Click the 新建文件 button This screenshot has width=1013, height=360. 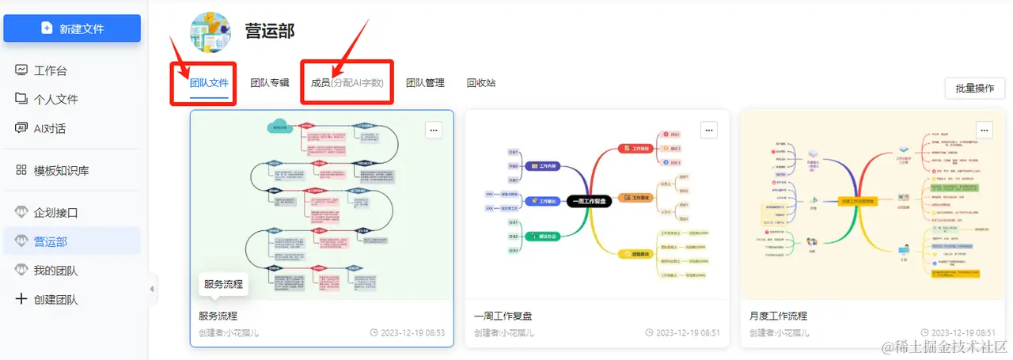72,28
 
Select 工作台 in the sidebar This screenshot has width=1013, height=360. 50,70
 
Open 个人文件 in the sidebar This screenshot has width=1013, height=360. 55,99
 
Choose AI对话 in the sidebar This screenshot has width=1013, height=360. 49,128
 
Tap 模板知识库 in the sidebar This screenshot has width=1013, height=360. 61,170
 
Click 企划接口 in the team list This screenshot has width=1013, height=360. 55,213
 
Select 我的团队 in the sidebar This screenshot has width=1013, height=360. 55,271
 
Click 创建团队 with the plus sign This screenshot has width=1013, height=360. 55,300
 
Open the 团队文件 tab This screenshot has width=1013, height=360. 210,82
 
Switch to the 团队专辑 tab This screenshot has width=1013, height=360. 270,82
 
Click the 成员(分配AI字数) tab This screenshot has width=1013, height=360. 347,82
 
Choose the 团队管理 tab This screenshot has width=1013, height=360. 425,82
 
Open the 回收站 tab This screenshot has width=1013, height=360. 481,82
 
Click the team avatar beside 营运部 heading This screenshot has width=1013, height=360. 211,32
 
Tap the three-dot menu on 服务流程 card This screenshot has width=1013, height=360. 433,130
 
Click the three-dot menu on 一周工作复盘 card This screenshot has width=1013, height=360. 708,130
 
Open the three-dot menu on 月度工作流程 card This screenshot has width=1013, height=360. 984,130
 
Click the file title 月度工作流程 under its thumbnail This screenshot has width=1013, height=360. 778,316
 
